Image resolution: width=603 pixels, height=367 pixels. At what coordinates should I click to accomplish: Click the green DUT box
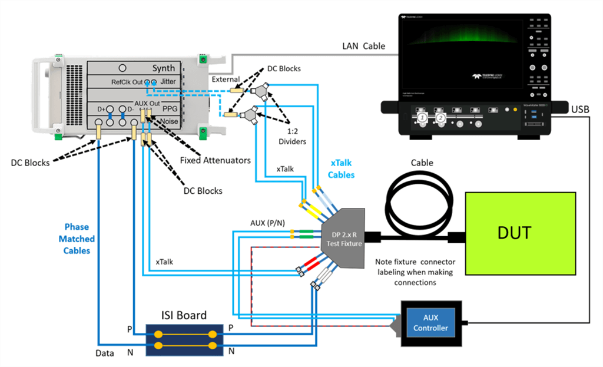[520, 233]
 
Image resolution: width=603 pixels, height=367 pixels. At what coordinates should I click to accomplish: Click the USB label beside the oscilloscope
[580, 108]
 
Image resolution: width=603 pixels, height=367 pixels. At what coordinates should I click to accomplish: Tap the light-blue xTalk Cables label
[341, 169]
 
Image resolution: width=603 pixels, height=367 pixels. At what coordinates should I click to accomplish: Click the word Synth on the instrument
[164, 68]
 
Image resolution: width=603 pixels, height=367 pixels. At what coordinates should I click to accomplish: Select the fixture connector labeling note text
[415, 272]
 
